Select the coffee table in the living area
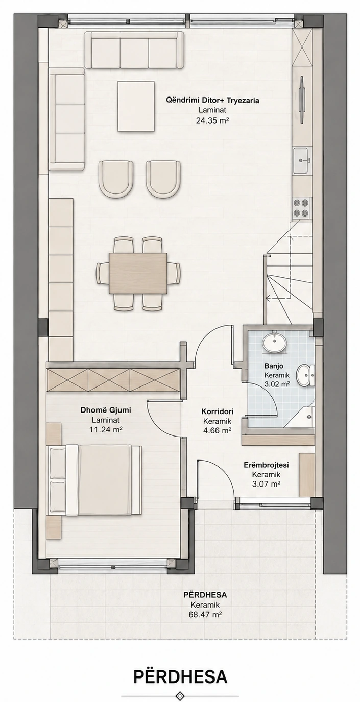(136, 106)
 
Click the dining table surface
(138, 273)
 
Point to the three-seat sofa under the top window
(134, 50)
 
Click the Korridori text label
(217, 411)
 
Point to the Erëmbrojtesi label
(266, 465)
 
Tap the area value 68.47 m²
(205, 615)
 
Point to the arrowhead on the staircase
(267, 298)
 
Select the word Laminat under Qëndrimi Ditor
(212, 110)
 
